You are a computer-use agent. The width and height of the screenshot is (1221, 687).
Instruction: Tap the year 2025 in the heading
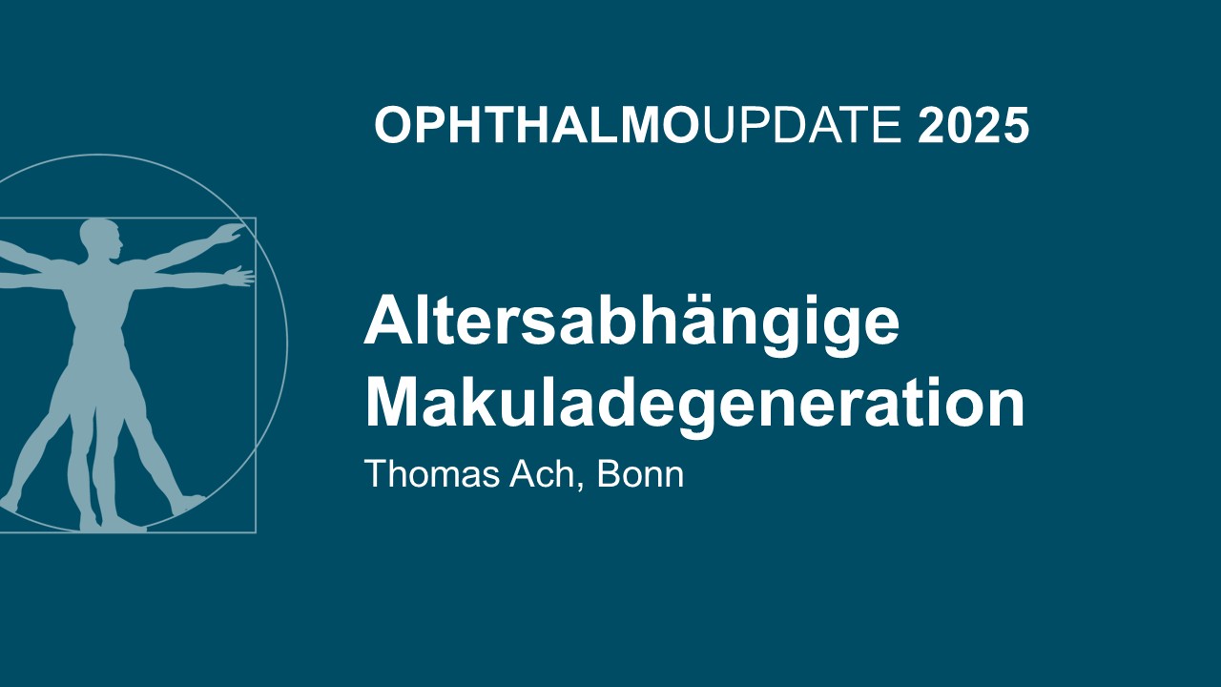click(974, 125)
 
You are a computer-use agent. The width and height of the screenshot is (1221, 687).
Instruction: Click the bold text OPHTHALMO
click(537, 125)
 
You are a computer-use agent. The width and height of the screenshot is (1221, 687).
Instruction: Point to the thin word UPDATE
click(801, 125)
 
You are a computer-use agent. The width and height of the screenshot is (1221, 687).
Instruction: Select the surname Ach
click(542, 473)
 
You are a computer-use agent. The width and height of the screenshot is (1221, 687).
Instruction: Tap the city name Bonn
click(640, 473)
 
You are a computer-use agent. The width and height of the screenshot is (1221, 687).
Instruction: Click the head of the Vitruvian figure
click(100, 239)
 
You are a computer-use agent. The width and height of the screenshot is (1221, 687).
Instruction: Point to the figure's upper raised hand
click(229, 233)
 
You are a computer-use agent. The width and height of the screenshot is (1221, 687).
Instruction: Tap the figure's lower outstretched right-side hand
click(239, 276)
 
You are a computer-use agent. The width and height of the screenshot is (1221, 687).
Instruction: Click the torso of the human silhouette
click(98, 305)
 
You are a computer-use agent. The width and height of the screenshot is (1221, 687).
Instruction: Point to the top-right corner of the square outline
click(256, 219)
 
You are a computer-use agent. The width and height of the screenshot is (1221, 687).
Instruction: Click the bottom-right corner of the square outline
click(256, 532)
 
